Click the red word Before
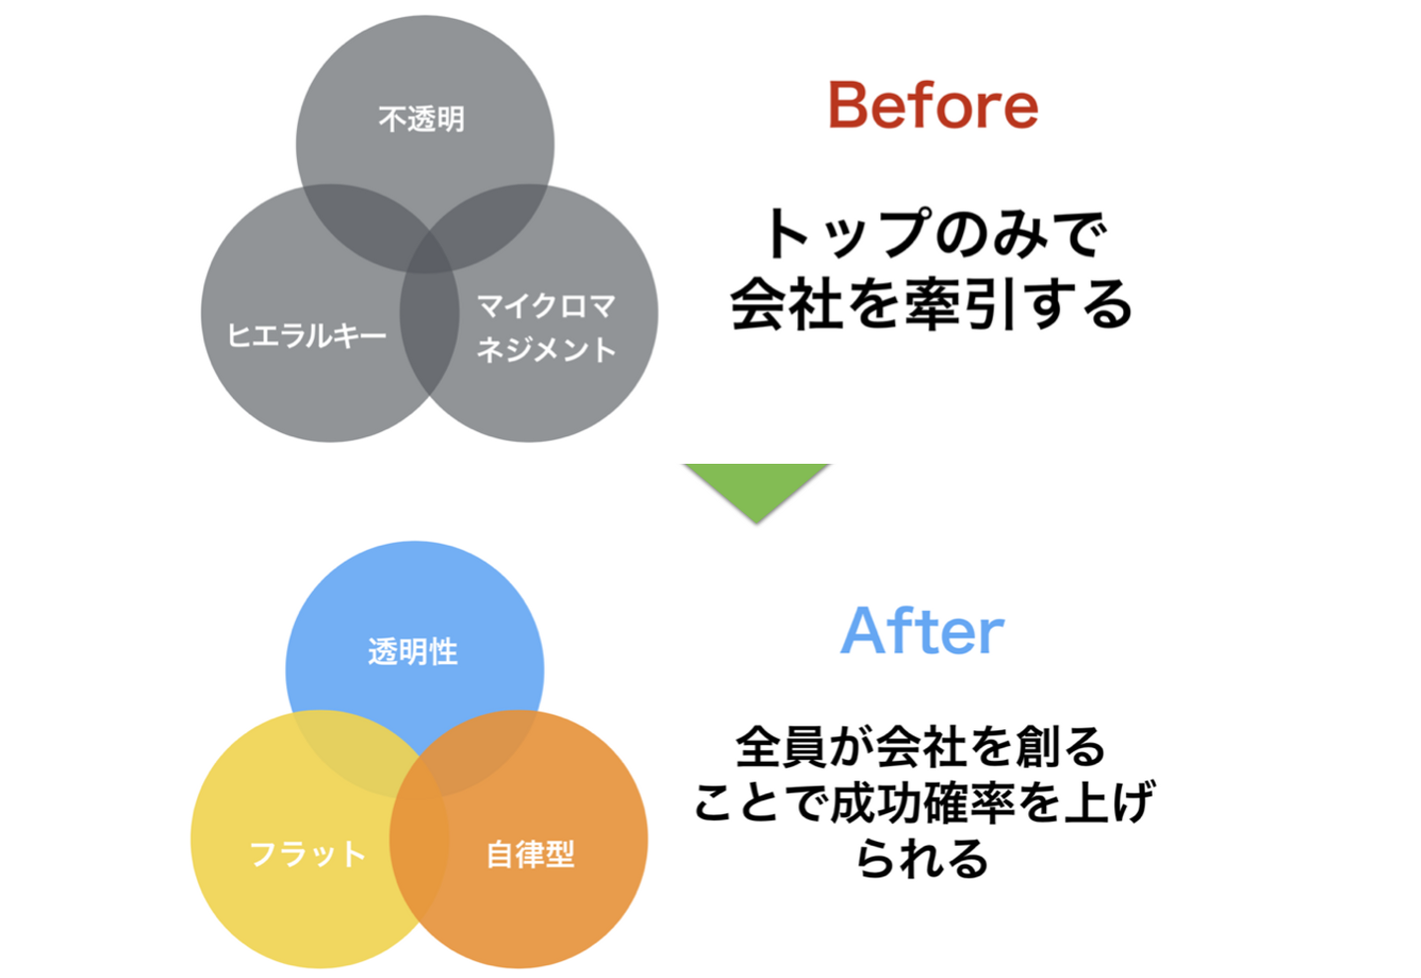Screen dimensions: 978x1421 click(933, 106)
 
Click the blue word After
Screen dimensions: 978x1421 click(922, 632)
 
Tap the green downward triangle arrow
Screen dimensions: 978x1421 click(756, 489)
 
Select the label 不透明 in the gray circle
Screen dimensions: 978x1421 click(421, 119)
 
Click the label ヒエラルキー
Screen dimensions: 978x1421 click(307, 336)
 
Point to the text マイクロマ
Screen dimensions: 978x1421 click(546, 306)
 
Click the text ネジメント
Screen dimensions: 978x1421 click(546, 349)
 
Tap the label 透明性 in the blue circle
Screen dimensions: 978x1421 click(412, 651)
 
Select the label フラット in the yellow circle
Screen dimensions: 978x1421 click(307, 854)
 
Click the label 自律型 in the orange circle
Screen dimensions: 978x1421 click(530, 854)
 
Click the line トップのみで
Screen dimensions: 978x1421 click(934, 234)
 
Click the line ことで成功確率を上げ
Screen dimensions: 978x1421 click(923, 802)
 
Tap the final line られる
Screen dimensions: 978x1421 click(923, 858)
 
